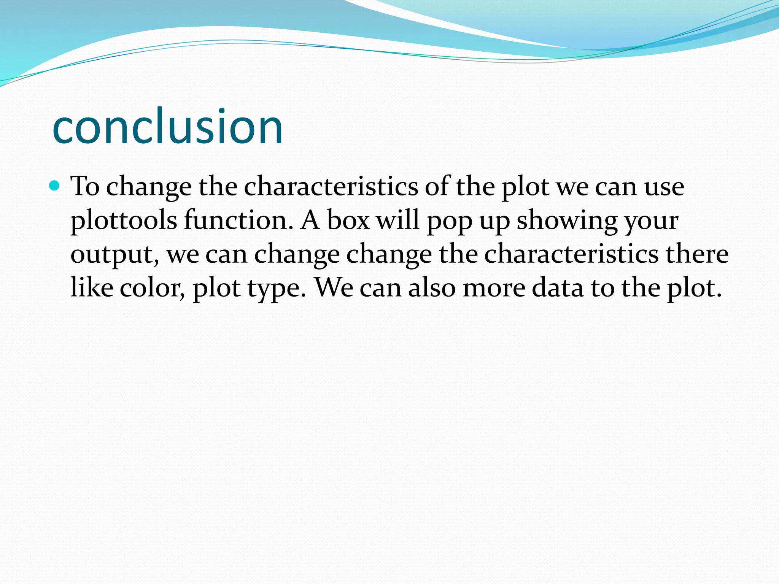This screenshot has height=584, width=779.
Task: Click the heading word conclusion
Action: (x=167, y=127)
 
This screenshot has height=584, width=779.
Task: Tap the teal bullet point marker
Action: (x=55, y=186)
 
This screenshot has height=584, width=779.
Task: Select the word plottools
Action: (x=124, y=221)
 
